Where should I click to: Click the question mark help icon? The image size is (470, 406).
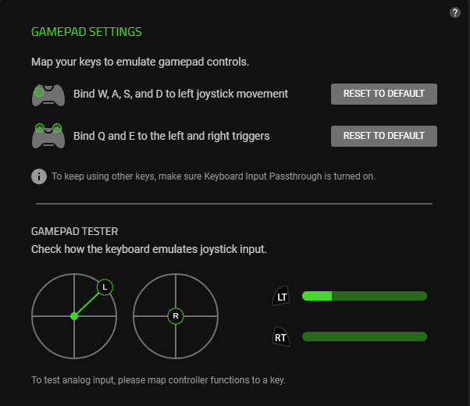pos(454,12)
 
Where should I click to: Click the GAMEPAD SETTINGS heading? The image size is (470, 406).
pos(87,32)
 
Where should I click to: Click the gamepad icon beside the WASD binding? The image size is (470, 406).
pos(48,95)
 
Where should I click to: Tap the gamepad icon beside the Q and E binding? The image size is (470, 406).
pos(48,136)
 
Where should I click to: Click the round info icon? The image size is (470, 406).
pos(39,176)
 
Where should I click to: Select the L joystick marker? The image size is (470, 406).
pos(105,287)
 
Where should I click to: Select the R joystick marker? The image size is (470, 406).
pos(176,316)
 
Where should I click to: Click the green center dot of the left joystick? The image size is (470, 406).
pos(74,316)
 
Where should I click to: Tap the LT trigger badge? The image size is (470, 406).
pos(281,296)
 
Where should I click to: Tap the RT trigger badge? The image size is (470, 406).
pos(281,337)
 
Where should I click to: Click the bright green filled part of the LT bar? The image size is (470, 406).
pos(317,296)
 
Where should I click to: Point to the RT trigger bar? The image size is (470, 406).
pos(365,337)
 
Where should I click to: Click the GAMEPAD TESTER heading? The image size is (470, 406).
pos(75,231)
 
